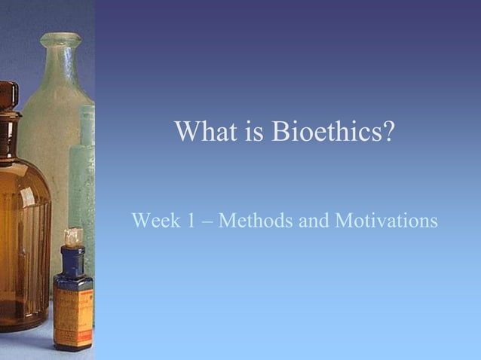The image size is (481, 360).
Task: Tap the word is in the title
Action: (x=253, y=133)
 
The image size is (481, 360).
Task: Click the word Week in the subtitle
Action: (x=153, y=221)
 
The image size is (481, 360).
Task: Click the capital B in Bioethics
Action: (x=279, y=133)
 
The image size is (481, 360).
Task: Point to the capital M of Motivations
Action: (x=343, y=221)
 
